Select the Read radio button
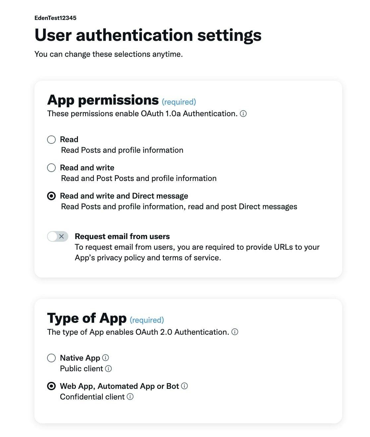pyautogui.click(x=51, y=139)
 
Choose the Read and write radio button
pyautogui.click(x=51, y=168)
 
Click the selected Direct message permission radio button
pyautogui.click(x=51, y=196)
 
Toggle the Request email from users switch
pyautogui.click(x=58, y=236)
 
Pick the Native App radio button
pyautogui.click(x=51, y=358)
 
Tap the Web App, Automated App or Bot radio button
pyautogui.click(x=51, y=386)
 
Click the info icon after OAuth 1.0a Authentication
pyautogui.click(x=243, y=114)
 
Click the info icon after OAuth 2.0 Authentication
pyautogui.click(x=235, y=332)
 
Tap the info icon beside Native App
pyautogui.click(x=105, y=358)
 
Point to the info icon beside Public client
pyautogui.click(x=108, y=369)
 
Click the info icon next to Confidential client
pyautogui.click(x=130, y=397)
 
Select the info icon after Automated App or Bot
pyautogui.click(x=185, y=386)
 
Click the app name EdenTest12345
pyautogui.click(x=55, y=18)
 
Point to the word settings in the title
pyautogui.click(x=229, y=35)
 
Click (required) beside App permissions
pyautogui.click(x=179, y=102)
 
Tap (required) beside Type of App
pyautogui.click(x=147, y=320)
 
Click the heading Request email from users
pyautogui.click(x=122, y=236)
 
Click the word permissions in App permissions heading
pyautogui.click(x=118, y=100)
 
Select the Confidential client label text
pyautogui.click(x=92, y=397)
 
